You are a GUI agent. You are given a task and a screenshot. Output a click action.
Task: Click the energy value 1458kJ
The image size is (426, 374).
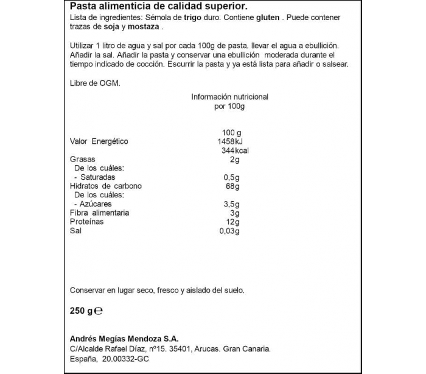(x=229, y=141)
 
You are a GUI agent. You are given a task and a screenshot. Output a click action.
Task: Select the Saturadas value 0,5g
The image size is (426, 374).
(x=231, y=177)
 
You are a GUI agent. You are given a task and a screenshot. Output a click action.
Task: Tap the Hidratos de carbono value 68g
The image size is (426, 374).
(x=229, y=186)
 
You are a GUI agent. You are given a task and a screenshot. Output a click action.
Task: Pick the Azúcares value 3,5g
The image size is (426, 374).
(x=231, y=204)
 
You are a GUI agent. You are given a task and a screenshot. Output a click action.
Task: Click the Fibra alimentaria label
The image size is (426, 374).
(x=99, y=213)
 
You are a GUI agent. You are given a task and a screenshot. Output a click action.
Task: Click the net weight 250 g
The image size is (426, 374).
(x=82, y=311)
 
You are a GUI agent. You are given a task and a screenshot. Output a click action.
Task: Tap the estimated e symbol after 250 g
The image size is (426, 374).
(x=99, y=311)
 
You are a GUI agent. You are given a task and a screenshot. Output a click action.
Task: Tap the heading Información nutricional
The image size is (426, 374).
(x=229, y=97)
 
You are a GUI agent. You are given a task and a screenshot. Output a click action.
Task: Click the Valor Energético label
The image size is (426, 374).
(x=99, y=141)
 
